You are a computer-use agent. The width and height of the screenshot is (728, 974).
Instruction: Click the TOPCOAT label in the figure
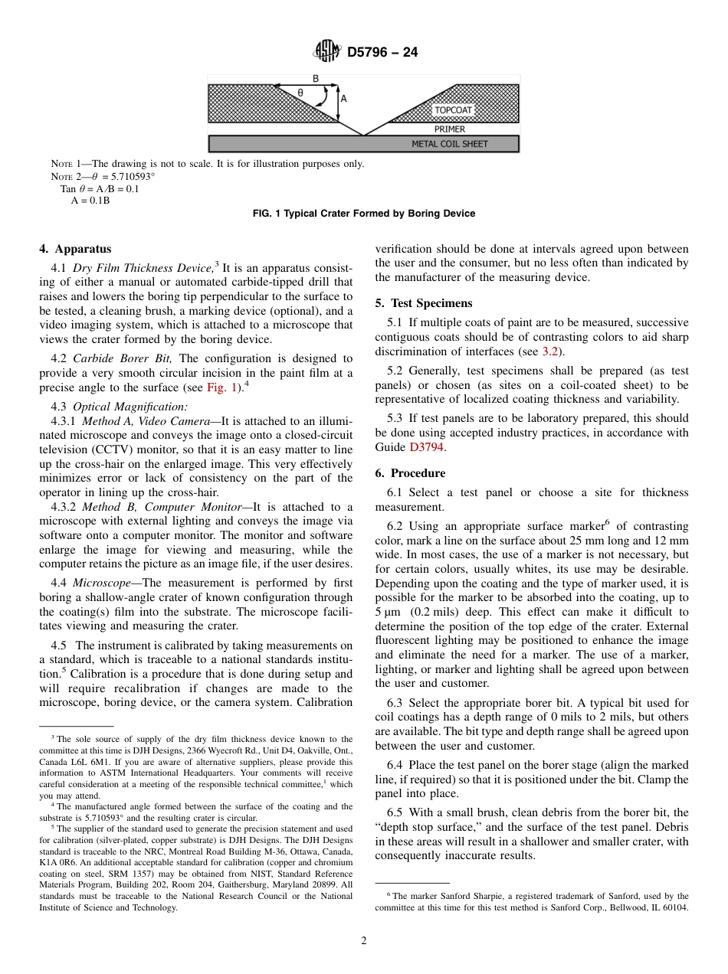click(454, 110)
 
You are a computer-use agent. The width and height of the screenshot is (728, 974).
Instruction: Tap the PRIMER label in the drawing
click(449, 129)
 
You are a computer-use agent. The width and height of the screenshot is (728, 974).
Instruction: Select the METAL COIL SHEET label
click(450, 144)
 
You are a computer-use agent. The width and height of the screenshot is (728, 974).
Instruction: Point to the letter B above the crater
click(316, 79)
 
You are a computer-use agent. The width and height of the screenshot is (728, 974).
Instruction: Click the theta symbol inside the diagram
click(300, 93)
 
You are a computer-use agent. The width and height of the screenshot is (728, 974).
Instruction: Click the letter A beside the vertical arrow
click(343, 99)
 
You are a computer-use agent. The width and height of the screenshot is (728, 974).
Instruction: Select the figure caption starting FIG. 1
click(363, 214)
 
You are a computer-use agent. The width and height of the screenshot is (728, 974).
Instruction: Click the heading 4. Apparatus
click(75, 249)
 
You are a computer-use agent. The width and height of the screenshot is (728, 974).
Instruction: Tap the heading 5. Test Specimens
click(424, 303)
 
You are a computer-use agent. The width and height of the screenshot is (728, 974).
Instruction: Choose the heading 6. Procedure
click(410, 473)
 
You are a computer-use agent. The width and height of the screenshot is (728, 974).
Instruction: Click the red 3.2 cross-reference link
click(550, 351)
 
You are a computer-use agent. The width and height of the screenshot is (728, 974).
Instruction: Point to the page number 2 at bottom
click(364, 941)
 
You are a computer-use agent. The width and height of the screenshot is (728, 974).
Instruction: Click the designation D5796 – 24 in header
click(382, 53)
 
